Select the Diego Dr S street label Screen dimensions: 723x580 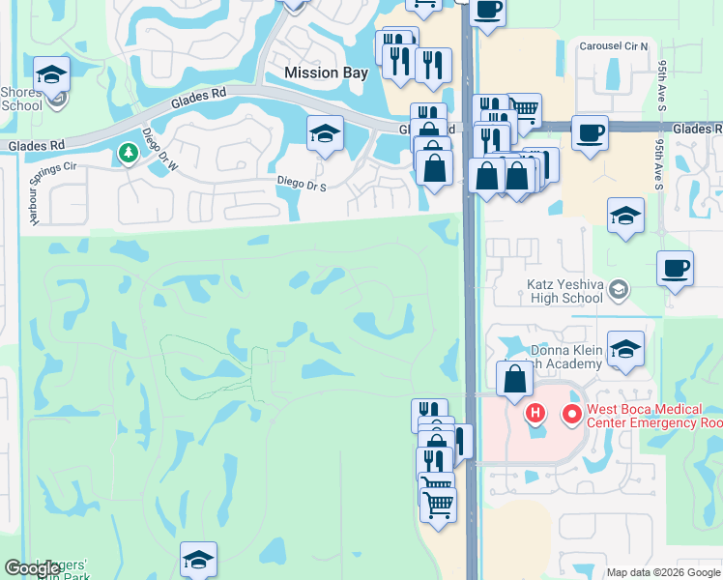[303, 183]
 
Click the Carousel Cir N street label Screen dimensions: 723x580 [614, 46]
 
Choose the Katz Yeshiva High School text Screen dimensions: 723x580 [564, 292]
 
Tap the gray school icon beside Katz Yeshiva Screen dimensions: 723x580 [620, 287]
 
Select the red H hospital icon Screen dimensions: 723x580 [535, 415]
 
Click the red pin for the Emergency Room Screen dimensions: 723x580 [572, 415]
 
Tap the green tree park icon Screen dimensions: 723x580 [128, 152]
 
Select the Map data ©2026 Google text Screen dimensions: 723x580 [662, 572]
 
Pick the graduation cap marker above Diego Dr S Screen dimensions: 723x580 [326, 133]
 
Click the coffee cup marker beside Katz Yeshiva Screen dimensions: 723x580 [675, 267]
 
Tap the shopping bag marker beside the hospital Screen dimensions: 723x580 [514, 377]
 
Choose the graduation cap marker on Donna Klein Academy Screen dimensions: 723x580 [625, 349]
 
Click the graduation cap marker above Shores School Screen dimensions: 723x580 [51, 73]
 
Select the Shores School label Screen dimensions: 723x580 [21, 100]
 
